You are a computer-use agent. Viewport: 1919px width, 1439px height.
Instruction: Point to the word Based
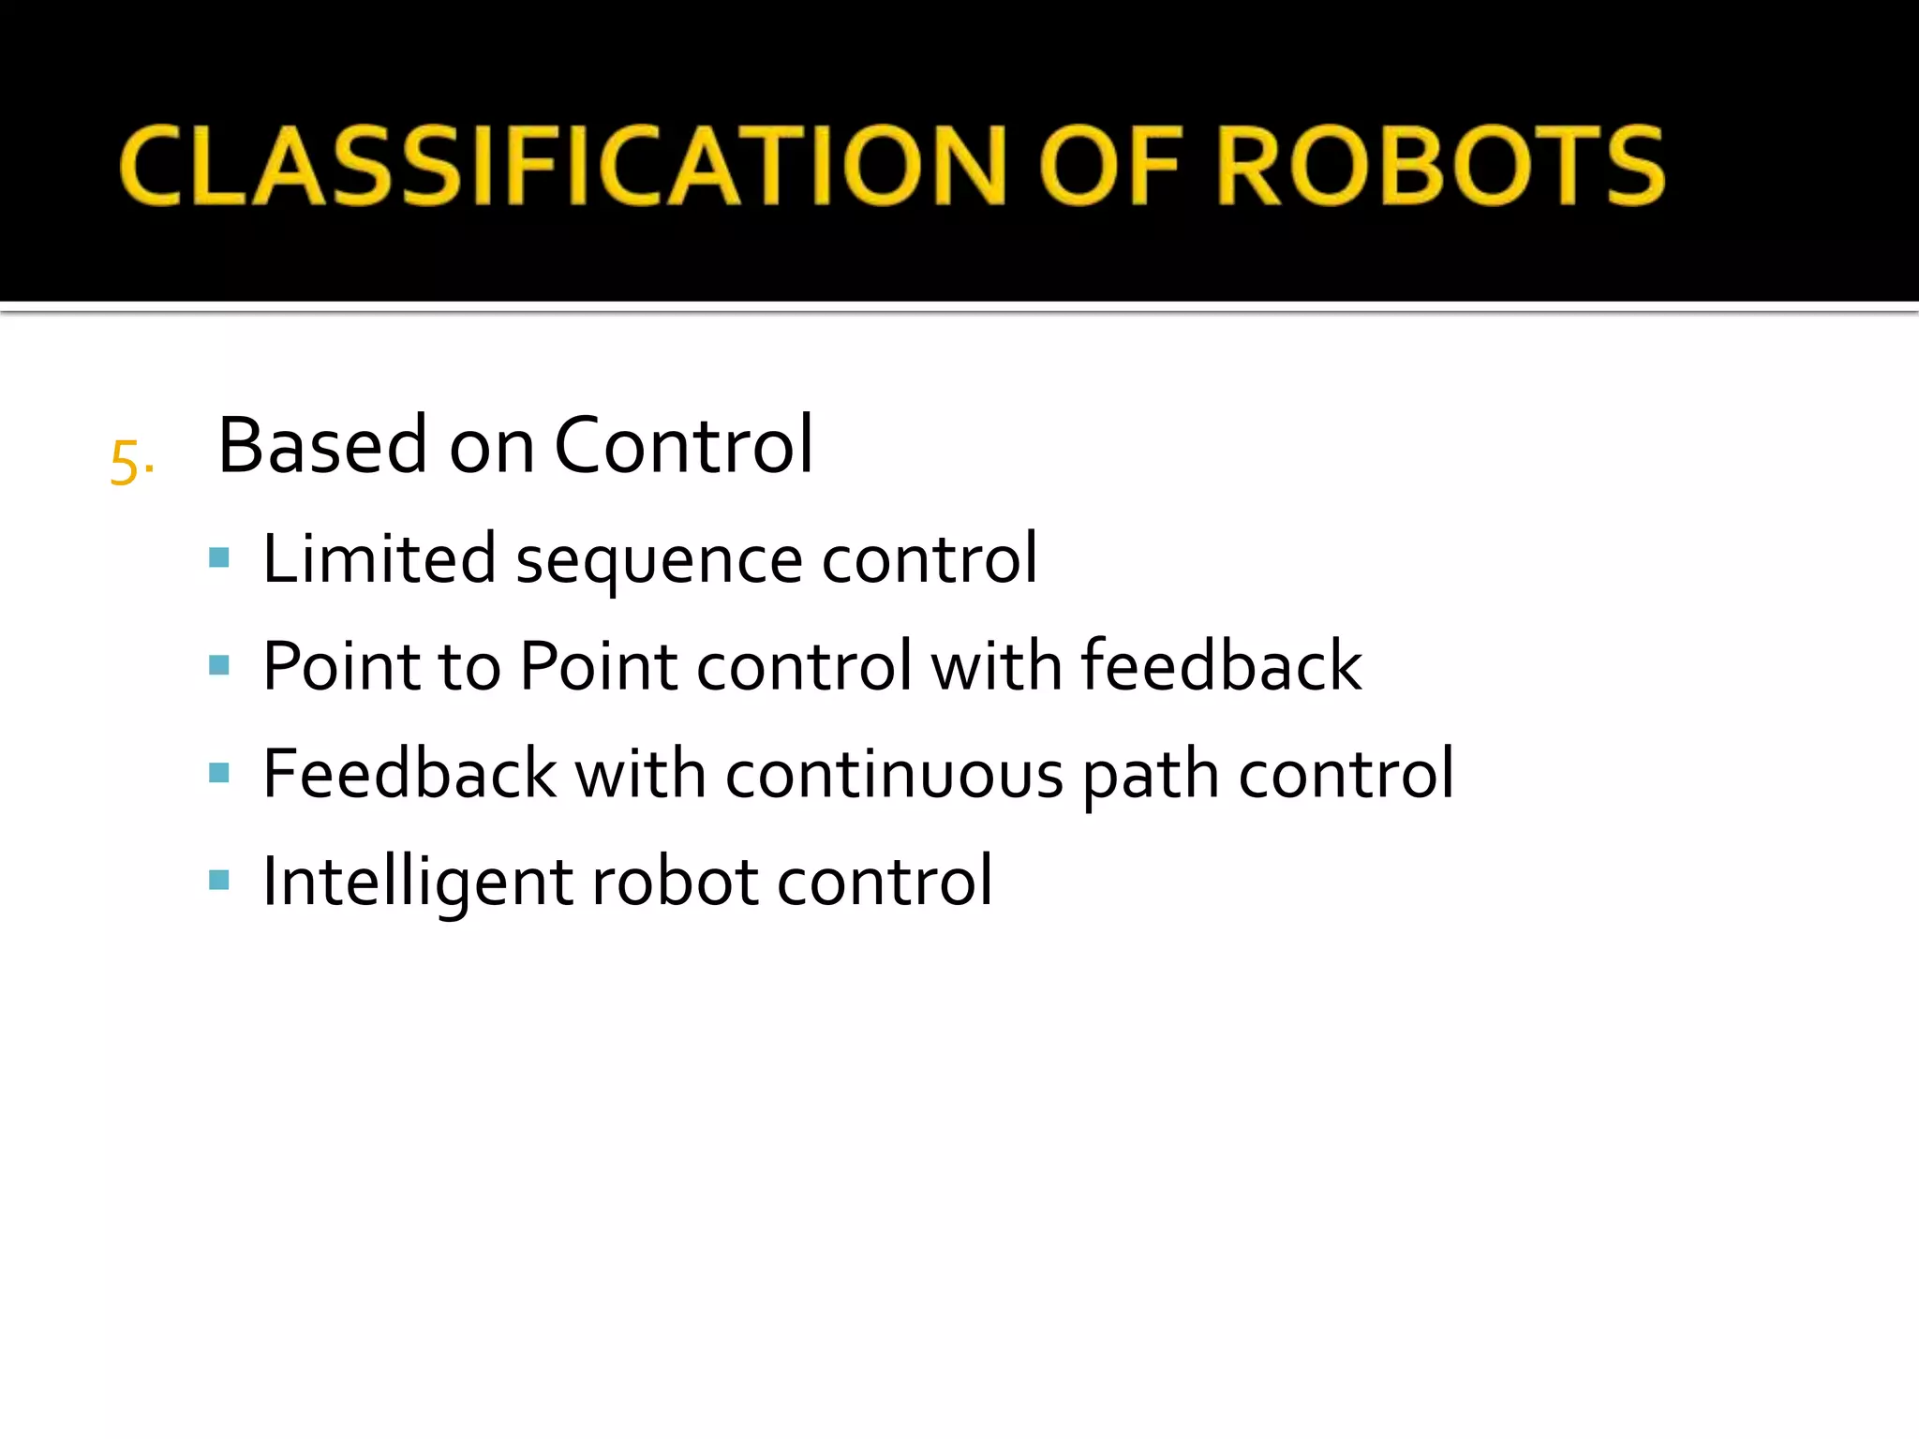(x=322, y=445)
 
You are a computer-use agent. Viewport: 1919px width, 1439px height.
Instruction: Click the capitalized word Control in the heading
(x=683, y=445)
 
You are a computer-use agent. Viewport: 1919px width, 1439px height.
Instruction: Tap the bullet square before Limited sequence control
(x=219, y=559)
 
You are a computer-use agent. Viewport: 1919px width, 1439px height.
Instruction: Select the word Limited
(x=379, y=559)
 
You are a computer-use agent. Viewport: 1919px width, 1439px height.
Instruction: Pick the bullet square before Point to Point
(x=219, y=666)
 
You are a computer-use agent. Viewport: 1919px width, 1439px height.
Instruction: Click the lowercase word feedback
(x=1220, y=666)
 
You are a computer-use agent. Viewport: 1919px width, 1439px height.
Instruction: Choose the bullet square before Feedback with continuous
(x=219, y=774)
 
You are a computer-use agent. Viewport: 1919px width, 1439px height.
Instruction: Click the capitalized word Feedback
(x=409, y=774)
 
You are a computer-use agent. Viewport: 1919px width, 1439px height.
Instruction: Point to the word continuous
(x=894, y=776)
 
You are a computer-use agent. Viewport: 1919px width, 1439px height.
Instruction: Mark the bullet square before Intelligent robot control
(x=219, y=881)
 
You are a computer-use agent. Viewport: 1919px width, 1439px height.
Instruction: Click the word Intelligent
(x=417, y=883)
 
